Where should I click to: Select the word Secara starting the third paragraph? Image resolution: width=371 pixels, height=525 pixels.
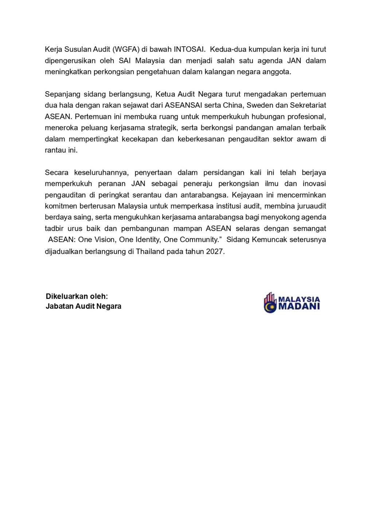(x=56, y=172)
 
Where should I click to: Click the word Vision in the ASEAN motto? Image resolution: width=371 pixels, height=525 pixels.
(x=105, y=240)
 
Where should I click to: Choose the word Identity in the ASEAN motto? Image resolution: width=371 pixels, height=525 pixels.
(x=148, y=240)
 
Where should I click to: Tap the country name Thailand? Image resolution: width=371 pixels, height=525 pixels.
(x=150, y=252)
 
